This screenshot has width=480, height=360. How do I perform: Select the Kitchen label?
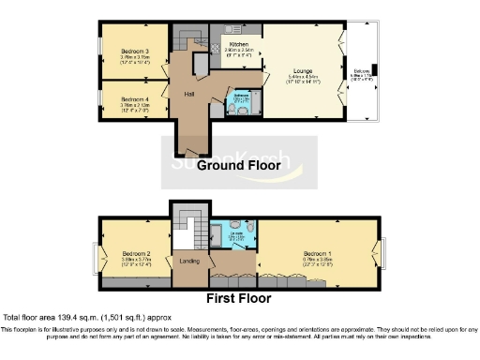239,44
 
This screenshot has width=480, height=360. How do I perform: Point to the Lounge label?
301,70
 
